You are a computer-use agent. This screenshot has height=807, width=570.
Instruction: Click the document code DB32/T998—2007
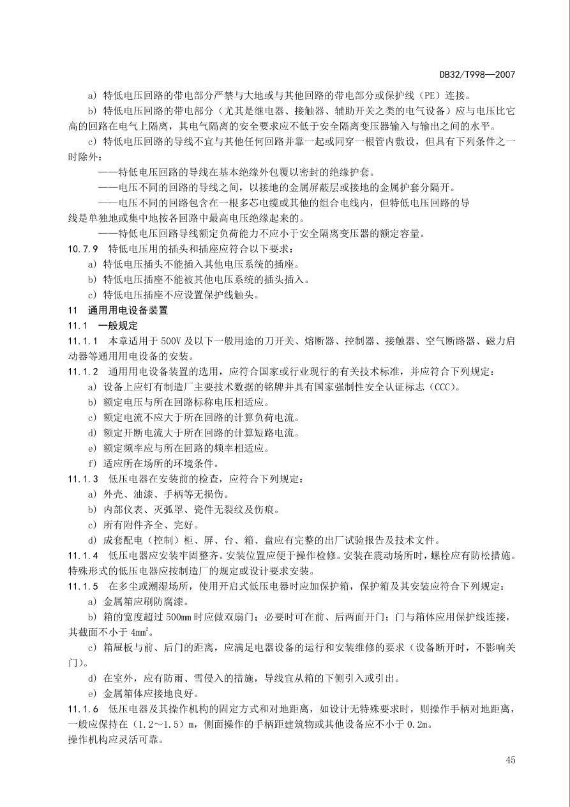(x=478, y=75)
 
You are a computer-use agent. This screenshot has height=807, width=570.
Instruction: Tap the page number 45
(x=510, y=760)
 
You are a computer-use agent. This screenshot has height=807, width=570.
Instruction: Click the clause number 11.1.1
(x=83, y=341)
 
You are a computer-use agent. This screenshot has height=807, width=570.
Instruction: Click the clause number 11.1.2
(x=83, y=372)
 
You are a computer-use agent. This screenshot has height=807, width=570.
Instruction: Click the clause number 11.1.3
(x=83, y=479)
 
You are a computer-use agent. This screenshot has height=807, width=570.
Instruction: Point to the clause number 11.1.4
(x=83, y=555)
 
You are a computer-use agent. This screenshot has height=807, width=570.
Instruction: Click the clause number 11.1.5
(x=83, y=586)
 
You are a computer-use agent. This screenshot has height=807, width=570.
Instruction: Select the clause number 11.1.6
(x=83, y=709)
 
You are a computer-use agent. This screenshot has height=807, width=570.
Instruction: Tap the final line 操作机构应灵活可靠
(x=116, y=739)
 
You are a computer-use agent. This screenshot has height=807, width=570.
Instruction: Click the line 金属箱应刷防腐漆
(x=137, y=601)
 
